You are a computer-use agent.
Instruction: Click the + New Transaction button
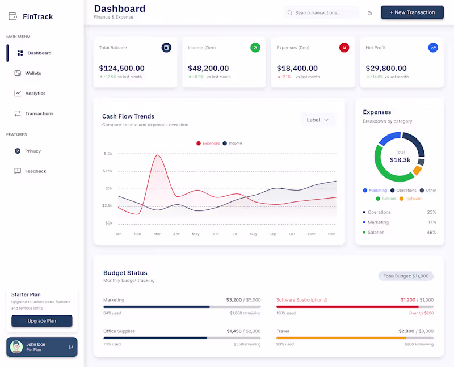click(412, 12)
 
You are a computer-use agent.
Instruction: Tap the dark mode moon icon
click(370, 12)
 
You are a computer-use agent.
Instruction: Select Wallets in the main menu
click(33, 73)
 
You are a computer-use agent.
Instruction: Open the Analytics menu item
click(35, 94)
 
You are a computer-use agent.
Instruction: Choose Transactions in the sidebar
click(39, 113)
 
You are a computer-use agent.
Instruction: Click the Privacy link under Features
click(33, 151)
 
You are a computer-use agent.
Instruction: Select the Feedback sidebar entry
click(35, 171)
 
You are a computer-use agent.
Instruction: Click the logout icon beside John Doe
click(71, 347)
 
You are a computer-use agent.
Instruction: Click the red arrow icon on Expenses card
click(344, 48)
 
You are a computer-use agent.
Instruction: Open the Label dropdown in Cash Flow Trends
click(318, 120)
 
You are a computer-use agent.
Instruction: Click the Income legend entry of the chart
click(232, 144)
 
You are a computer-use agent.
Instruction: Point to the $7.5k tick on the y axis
click(107, 171)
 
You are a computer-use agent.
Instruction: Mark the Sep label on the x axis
click(272, 234)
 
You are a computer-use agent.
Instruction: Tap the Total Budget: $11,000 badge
click(405, 276)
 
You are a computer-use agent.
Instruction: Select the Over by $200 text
click(421, 313)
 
